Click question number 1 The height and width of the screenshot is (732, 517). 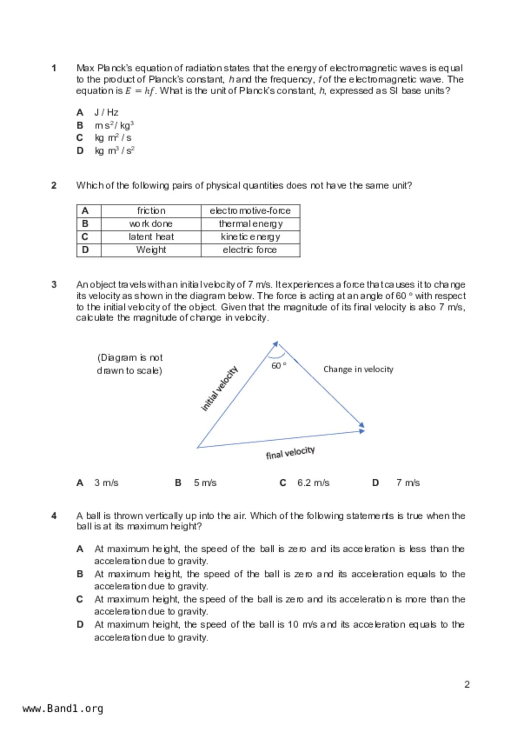54,68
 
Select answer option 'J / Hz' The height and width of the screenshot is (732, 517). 106,112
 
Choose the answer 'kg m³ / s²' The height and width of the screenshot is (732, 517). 114,151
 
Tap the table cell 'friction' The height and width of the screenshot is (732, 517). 151,211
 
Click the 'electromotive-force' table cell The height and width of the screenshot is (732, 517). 250,211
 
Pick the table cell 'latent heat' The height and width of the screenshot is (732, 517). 151,237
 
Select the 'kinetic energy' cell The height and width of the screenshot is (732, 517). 250,237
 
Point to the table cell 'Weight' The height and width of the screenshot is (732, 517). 151,250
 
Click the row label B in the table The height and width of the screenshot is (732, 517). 85,224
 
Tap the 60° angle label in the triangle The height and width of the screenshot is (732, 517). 279,366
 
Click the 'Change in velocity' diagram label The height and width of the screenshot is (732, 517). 358,369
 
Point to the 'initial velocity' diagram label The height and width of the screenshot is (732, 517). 219,389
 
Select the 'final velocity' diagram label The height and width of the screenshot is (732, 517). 290,452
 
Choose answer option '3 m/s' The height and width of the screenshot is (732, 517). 106,483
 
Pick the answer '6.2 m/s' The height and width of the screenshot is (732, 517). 313,483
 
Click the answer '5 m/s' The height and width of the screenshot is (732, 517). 205,483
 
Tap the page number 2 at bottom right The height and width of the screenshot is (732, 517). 467,684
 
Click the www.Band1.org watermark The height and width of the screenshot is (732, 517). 63,709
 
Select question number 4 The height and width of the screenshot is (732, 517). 54,516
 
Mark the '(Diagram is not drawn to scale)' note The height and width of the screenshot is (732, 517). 129,364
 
